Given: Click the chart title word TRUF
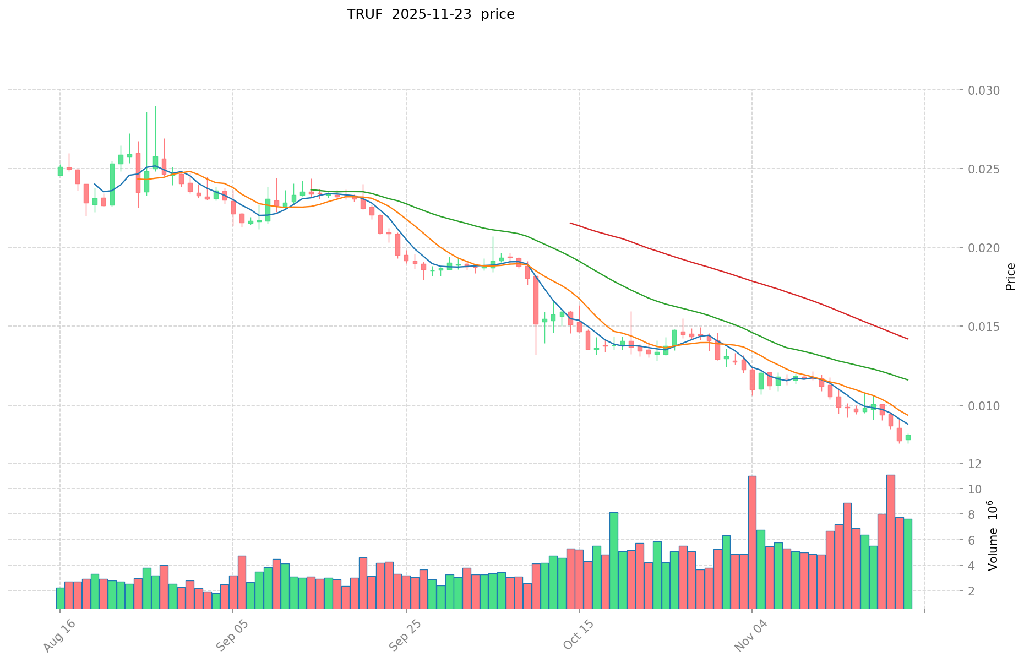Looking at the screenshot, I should click(364, 14).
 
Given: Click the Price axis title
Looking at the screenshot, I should click(1010, 276).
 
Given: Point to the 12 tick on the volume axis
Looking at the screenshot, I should click(974, 464).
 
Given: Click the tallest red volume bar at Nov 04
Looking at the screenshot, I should click(752, 542).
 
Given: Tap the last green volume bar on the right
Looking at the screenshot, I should click(908, 563).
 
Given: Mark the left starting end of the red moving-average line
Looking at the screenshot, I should click(570, 223).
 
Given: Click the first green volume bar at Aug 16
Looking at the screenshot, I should click(60, 598).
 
